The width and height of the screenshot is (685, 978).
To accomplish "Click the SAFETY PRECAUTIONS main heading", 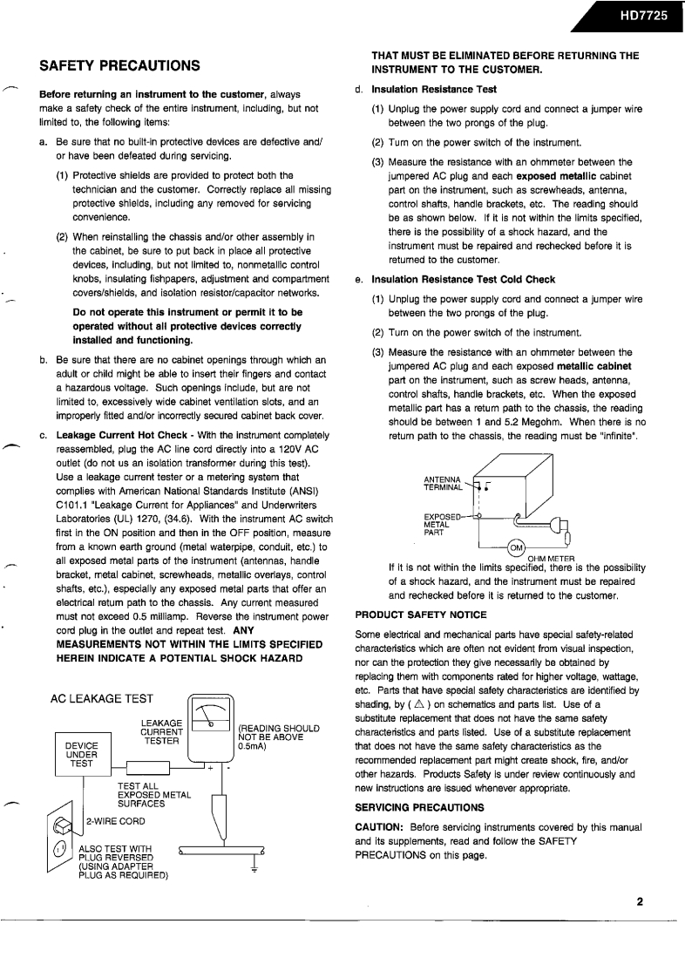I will point(121,65).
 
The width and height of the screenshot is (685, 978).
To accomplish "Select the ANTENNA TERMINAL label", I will point(444,484).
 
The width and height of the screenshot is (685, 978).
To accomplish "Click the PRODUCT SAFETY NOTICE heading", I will point(421,615).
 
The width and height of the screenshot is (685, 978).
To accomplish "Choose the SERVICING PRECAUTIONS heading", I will point(420,807).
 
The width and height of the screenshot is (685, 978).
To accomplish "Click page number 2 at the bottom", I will point(639,901).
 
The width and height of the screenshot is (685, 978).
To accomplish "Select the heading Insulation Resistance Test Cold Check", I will point(463,280).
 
